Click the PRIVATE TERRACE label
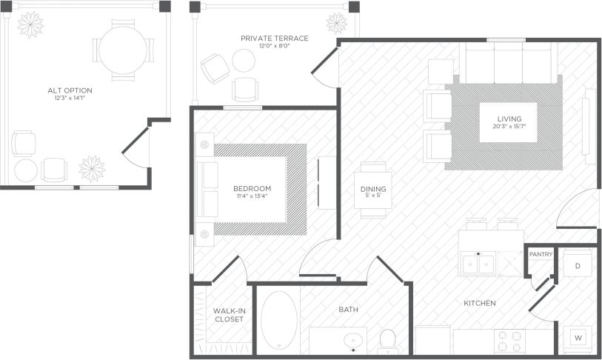[x=274, y=38]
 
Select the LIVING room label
[x=509, y=119]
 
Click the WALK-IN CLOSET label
[x=228, y=315]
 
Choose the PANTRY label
[x=541, y=254]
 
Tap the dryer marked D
[x=578, y=264]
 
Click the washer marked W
[x=578, y=338]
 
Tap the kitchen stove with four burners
[x=509, y=341]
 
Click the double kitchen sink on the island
[x=479, y=263]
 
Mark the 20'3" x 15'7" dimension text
[x=509, y=127]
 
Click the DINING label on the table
[x=373, y=190]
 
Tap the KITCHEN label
[x=480, y=303]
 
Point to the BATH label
[x=349, y=309]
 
